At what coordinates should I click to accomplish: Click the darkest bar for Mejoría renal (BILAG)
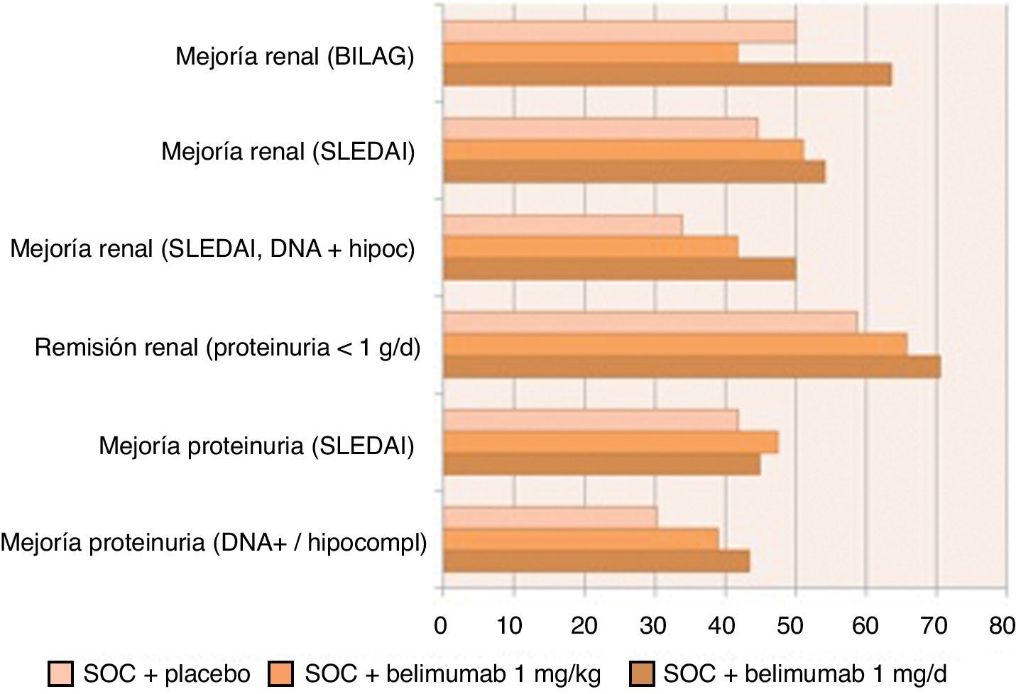(667, 75)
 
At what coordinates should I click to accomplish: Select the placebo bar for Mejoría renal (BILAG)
(619, 32)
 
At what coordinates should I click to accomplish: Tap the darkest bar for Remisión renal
(692, 368)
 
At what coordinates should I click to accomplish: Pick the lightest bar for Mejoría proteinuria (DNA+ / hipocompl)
(550, 517)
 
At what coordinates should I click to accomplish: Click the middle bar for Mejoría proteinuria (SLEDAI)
(610, 443)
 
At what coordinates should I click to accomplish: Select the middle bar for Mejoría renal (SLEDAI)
(623, 150)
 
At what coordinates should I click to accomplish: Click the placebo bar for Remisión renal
(650, 323)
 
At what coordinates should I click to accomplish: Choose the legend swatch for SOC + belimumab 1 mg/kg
(281, 674)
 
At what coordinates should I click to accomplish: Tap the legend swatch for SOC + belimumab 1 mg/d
(640, 674)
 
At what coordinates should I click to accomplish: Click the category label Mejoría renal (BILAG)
(295, 56)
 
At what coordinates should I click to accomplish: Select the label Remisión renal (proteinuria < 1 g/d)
(227, 348)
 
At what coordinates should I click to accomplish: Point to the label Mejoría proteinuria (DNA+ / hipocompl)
(214, 544)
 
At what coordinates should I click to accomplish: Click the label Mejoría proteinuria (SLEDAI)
(256, 446)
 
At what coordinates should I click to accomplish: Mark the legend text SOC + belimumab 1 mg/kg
(452, 674)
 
